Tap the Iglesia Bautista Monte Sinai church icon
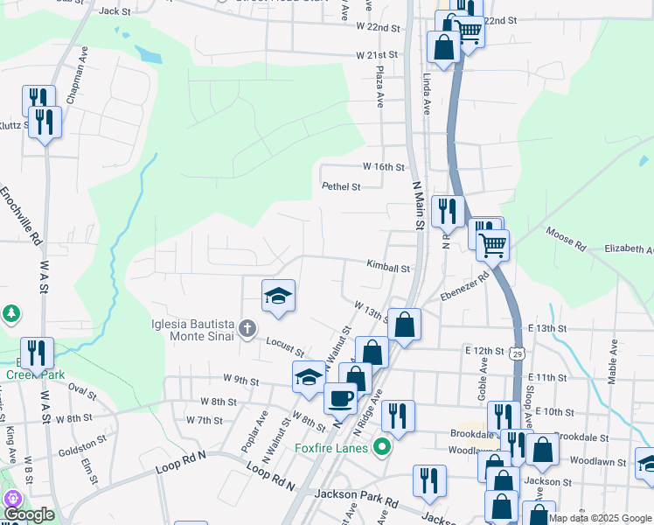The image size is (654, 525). (x=247, y=329)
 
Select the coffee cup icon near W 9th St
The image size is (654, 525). (x=340, y=397)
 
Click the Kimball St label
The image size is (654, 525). (x=388, y=267)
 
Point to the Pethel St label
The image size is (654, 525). (x=341, y=186)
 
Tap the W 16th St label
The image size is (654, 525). (x=384, y=167)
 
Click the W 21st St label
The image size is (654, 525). (x=378, y=55)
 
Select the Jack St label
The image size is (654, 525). (x=115, y=11)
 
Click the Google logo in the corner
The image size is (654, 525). (x=29, y=514)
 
